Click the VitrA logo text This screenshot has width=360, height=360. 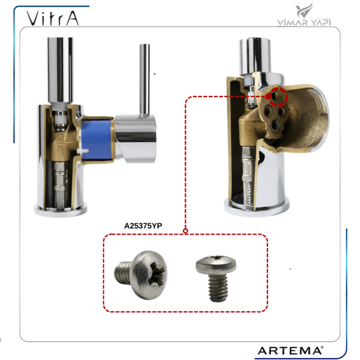53,19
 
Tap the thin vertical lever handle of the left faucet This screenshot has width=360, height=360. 145,77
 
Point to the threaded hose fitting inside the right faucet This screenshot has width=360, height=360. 247,175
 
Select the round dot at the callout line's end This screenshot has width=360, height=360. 186,231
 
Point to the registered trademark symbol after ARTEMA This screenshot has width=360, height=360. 322,347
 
